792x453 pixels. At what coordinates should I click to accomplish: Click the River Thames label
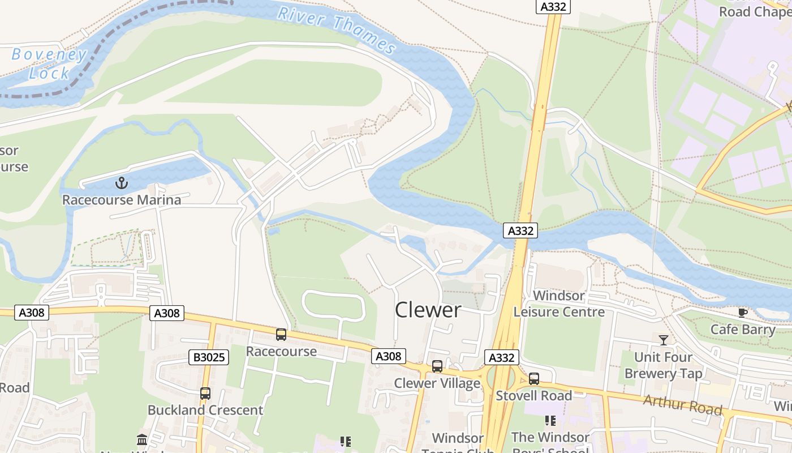click(337, 28)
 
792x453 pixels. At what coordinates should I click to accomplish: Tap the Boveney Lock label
click(49, 63)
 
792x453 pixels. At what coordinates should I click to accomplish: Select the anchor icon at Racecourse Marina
click(122, 183)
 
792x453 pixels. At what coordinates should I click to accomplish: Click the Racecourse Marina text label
click(122, 200)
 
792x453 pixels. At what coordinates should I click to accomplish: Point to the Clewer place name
click(428, 310)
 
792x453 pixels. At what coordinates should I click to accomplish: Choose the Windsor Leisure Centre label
click(559, 304)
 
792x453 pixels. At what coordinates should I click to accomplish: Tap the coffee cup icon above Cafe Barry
click(743, 313)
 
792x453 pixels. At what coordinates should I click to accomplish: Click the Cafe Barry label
click(743, 330)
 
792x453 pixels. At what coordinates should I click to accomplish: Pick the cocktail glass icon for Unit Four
click(664, 340)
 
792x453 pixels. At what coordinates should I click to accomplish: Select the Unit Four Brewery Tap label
click(663, 365)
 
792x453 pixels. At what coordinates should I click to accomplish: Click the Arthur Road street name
click(682, 405)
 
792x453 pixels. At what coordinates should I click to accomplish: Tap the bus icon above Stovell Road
click(534, 379)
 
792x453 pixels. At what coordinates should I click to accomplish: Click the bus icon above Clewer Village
click(437, 366)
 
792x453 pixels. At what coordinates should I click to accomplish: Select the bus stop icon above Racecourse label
click(281, 335)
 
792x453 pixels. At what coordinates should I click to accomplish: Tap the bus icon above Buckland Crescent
click(205, 394)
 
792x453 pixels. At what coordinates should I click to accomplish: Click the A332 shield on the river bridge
click(520, 231)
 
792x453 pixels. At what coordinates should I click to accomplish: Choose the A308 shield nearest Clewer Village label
click(389, 356)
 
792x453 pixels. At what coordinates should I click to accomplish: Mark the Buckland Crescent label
click(205, 410)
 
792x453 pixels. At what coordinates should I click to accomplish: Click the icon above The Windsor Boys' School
click(550, 421)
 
